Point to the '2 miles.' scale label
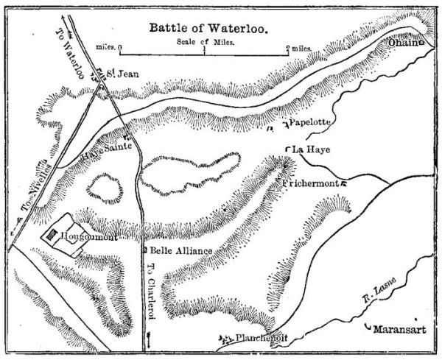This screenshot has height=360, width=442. [x=298, y=49]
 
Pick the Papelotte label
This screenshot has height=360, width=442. [x=314, y=121]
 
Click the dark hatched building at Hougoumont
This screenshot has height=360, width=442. [x=52, y=236]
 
